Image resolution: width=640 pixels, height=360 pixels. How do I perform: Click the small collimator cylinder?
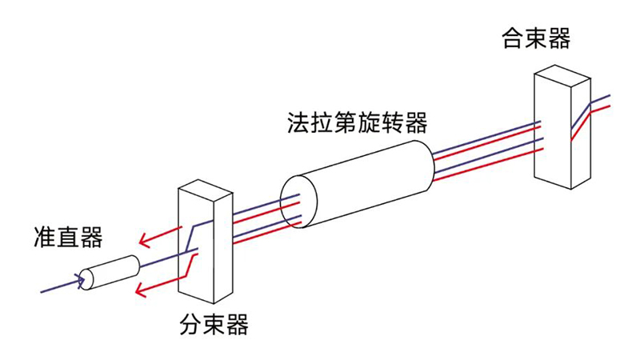pyautogui.click(x=110, y=271)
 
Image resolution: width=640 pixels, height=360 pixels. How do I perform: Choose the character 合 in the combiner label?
pyautogui.click(x=513, y=38)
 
